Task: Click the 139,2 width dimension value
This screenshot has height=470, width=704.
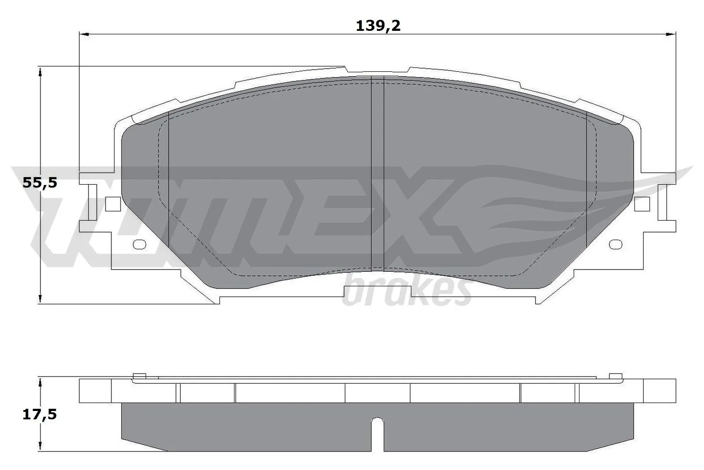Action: point(378,26)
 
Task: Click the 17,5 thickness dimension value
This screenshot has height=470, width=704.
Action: point(40,414)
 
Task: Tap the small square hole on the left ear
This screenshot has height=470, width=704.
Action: point(113,203)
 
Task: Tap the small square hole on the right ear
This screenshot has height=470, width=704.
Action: point(642,203)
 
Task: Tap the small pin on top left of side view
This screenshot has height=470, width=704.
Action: point(139,376)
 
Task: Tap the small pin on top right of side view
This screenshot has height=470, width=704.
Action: point(616,376)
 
